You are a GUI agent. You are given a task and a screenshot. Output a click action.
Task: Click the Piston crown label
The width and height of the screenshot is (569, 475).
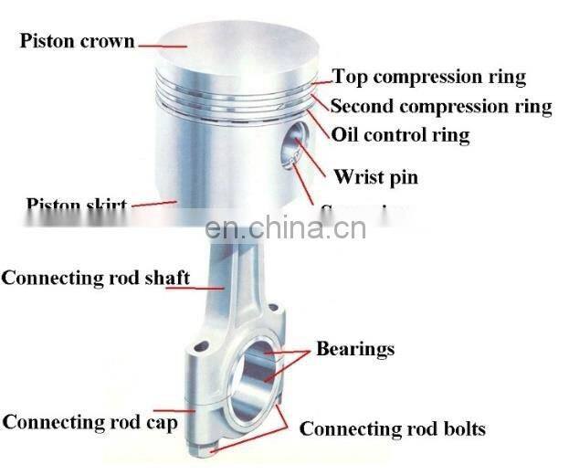78,41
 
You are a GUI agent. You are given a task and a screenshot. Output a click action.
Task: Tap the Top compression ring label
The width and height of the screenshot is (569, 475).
428,77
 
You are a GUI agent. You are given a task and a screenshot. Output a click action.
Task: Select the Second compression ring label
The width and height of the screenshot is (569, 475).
441,106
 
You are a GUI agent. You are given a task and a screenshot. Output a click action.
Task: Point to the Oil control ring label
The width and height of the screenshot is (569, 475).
400,136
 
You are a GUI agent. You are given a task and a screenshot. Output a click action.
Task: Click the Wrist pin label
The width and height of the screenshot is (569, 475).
375,176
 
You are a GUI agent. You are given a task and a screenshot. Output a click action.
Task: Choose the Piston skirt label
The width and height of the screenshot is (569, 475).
76,204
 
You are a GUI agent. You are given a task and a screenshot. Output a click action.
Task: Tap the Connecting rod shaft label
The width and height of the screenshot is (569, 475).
96,277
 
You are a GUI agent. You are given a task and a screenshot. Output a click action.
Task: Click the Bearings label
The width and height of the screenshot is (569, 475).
355,348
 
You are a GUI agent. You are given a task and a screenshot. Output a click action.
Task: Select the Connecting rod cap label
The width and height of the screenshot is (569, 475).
90,423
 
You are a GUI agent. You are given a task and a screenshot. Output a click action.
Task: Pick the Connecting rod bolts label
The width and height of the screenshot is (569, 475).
393,428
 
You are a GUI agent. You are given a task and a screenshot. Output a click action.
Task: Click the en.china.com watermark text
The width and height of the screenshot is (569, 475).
286,227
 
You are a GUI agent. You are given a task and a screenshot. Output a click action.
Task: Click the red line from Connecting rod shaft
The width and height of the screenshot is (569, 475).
208,284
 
